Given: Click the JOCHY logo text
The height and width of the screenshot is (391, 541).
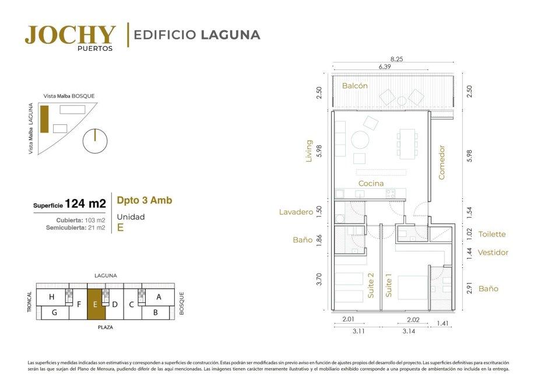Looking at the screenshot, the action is point(70,34).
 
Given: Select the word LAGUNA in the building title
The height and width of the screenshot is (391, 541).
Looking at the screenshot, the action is point(230,34).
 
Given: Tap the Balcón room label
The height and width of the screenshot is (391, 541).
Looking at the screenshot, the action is point(354,86).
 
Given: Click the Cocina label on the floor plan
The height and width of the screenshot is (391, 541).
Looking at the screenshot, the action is point(371,183).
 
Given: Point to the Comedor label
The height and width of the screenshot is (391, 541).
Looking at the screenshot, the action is point(442,162).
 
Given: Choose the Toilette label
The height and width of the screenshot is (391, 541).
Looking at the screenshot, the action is point(491,234).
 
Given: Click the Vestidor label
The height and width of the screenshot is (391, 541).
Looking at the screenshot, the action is point(493,253).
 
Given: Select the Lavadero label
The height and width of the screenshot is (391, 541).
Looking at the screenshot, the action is point(296,212).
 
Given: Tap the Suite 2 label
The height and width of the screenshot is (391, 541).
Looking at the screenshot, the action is point(371,285).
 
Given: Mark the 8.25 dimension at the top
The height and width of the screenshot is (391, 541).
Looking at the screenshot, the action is point(396,59).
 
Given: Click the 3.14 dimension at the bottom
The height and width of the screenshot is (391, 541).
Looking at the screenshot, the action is point(409,331).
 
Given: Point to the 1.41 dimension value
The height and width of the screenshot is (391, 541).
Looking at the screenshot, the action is point(442,323).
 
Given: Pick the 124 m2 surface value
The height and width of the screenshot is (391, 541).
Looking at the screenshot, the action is point(85,204).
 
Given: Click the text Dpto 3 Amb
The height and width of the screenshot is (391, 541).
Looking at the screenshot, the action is point(145,200).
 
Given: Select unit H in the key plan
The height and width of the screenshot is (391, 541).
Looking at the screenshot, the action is point(52,296).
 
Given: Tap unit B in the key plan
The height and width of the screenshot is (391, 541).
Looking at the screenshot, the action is point(156,313).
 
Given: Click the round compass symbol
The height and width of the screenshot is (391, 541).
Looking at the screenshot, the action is point(95,141).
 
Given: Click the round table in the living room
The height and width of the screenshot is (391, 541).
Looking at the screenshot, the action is point(360,140).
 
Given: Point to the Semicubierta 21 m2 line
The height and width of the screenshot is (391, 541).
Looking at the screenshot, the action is point(76,228).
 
